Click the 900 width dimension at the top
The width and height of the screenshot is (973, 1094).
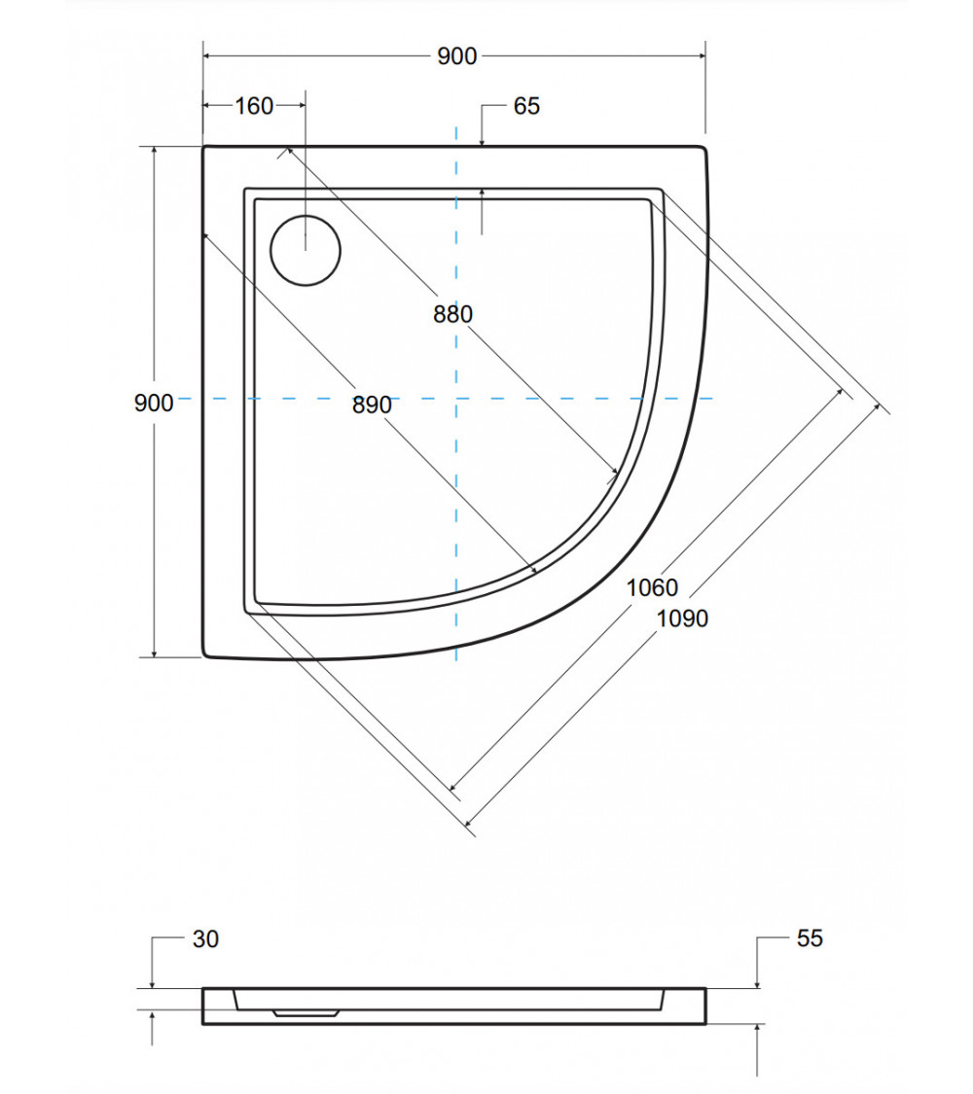[x=457, y=55]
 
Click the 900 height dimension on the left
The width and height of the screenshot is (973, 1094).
[x=154, y=403]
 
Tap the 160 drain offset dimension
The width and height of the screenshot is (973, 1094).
[x=254, y=106]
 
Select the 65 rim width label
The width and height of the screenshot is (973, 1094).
[x=526, y=106]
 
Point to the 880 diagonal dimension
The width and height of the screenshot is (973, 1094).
[x=453, y=314]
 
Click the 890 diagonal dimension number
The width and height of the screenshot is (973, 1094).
[x=372, y=405]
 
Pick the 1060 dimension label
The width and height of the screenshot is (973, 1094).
[x=652, y=587]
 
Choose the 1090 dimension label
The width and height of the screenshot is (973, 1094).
[x=683, y=618]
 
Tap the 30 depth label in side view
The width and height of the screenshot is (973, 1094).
[x=206, y=939]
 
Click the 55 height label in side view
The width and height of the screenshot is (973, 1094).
[x=810, y=938]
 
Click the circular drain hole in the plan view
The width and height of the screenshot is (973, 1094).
[x=305, y=250]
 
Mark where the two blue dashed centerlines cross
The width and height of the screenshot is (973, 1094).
[x=456, y=399]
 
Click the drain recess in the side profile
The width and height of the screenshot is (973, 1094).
[x=306, y=1012]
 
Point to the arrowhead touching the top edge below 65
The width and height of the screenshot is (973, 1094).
[x=483, y=142]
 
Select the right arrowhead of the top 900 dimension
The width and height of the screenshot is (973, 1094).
[x=701, y=55]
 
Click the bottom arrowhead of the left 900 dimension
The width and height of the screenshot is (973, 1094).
[x=155, y=653]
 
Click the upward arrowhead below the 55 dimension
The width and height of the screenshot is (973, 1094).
[x=758, y=1030]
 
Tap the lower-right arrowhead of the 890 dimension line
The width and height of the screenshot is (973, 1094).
[x=534, y=570]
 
